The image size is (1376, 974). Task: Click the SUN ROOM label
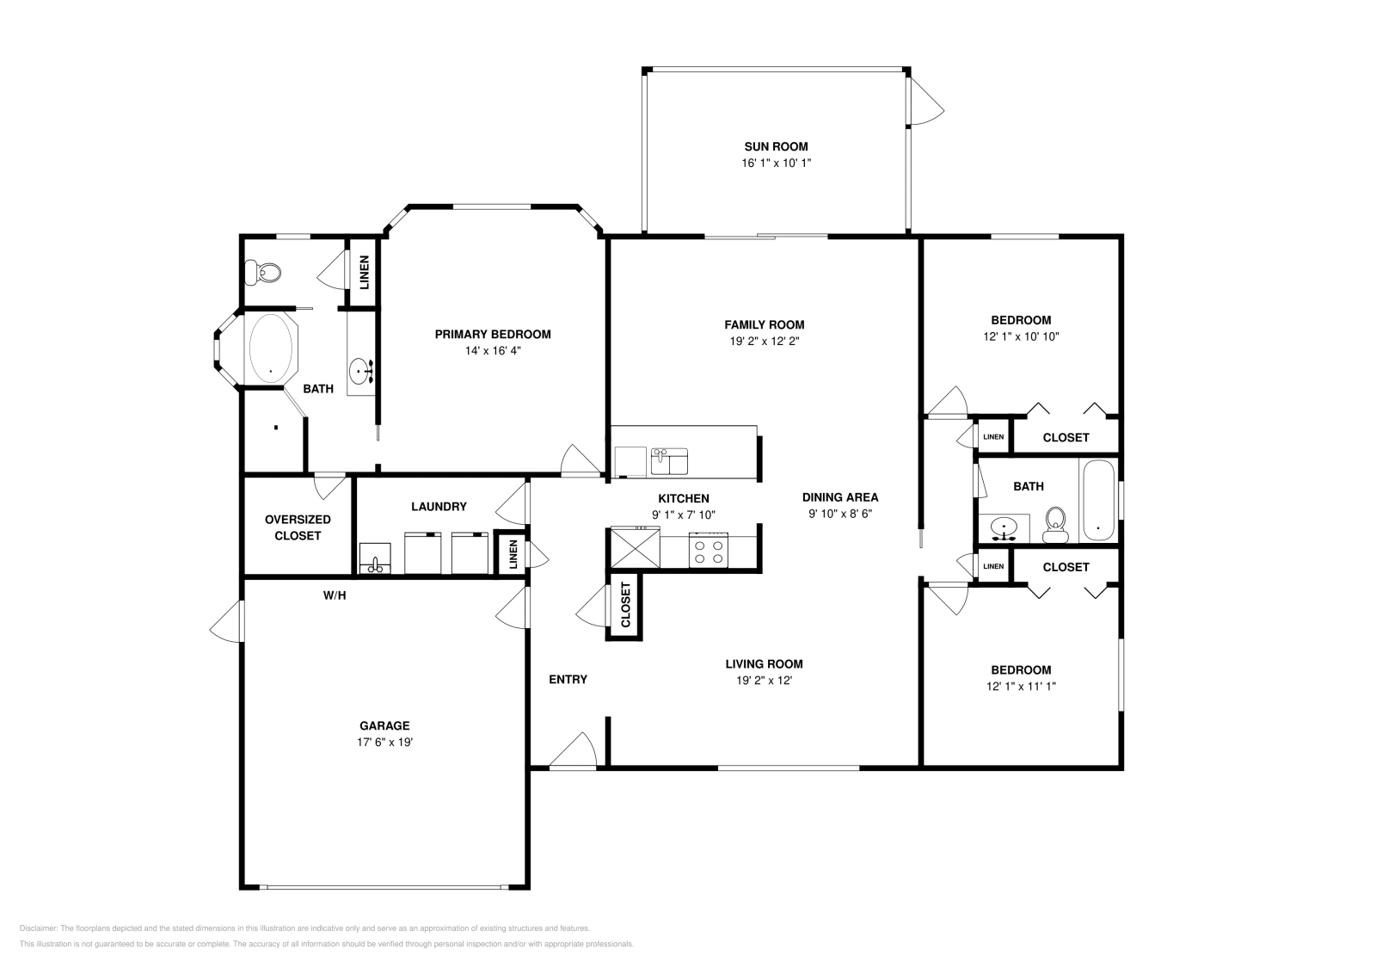[776, 146]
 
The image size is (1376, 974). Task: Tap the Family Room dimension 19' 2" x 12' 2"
[764, 342]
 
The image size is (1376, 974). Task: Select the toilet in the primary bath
[263, 273]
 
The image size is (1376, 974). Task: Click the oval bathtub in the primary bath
[271, 348]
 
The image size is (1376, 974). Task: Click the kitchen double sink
[669, 461]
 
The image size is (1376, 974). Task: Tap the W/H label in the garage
[335, 595]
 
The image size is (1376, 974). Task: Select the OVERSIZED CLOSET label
[298, 527]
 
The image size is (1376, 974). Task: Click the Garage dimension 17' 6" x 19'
[384, 742]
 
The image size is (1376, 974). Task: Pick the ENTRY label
[568, 680]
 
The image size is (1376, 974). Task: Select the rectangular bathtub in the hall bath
[1097, 501]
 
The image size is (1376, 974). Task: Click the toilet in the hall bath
[1055, 524]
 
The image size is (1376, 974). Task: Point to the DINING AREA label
[840, 497]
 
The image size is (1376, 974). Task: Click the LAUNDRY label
[439, 507]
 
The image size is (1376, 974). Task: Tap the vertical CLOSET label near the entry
[625, 605]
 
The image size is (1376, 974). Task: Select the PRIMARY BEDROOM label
[492, 335]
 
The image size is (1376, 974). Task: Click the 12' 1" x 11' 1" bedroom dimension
[1021, 687]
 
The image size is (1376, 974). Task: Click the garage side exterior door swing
[226, 620]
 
